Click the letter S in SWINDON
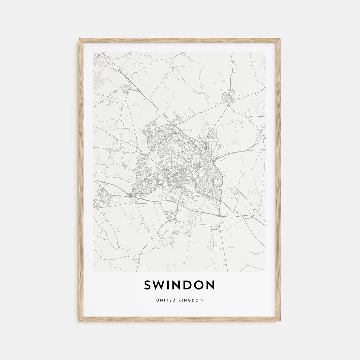[x=148, y=285]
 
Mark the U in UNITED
[x=157, y=300]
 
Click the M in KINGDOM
[x=202, y=300]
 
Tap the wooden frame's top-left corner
[x=80, y=39]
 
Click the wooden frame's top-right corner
[x=280, y=39]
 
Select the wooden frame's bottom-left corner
[x=80, y=320]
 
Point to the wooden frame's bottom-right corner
[x=280, y=320]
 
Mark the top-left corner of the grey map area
[x=94, y=52]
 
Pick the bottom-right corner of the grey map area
[x=266, y=271]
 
